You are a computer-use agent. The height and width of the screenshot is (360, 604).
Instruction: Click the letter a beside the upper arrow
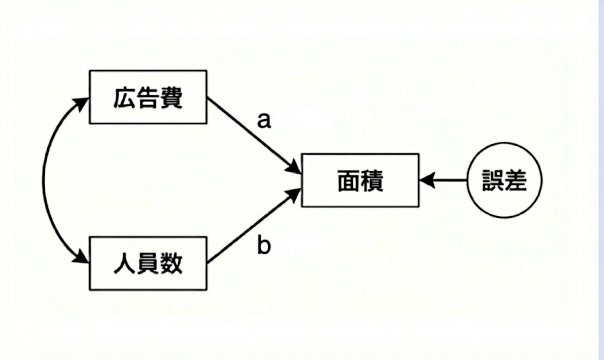click(264, 120)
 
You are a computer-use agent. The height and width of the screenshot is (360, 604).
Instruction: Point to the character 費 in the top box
click(171, 97)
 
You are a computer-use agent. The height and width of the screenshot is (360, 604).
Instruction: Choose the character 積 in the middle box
click(372, 180)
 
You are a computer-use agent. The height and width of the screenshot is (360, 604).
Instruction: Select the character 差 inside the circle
click(514, 180)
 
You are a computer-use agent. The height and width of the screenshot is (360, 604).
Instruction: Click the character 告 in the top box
click(148, 97)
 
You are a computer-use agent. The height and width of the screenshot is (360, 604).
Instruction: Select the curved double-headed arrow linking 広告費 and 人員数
click(45, 180)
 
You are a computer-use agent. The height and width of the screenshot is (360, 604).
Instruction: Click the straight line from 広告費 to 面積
click(248, 130)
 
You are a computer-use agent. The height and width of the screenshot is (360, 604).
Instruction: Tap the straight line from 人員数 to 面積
click(248, 230)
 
